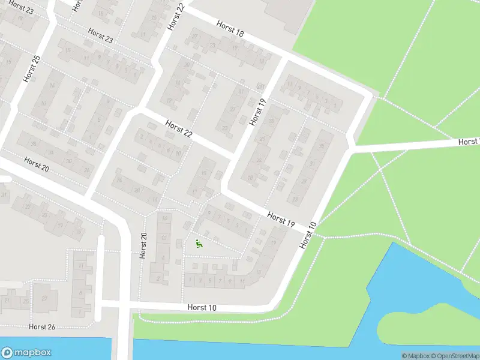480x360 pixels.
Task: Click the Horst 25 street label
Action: pos(31,68)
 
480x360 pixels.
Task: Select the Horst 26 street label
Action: pos(42,326)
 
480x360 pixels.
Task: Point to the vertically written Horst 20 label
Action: pos(143,245)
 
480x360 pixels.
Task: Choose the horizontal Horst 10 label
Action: pos(202,308)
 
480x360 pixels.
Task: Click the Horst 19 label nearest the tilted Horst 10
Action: pos(281,219)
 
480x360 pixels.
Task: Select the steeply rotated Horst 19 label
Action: pos(257,112)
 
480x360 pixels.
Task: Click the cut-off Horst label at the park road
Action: pos(469,142)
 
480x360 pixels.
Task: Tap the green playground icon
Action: pos(199,244)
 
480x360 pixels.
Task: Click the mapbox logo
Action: pos(26,353)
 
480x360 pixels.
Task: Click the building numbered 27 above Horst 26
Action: pos(44,298)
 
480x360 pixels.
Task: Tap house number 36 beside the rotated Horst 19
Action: pos(271,122)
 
